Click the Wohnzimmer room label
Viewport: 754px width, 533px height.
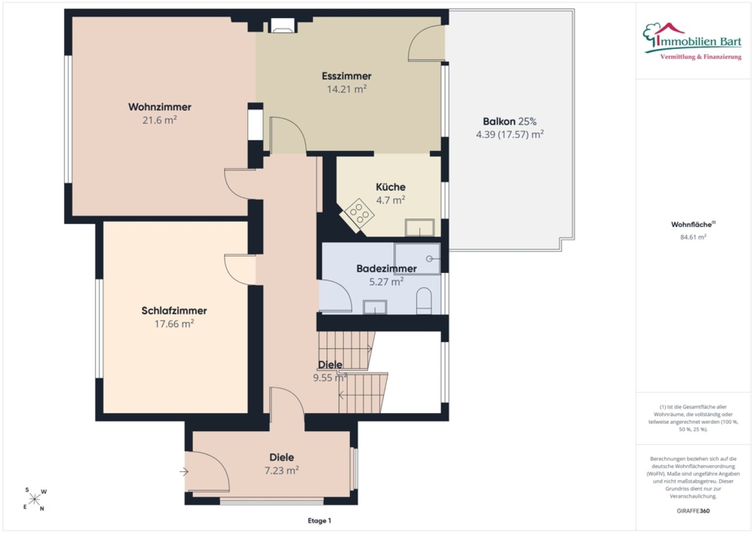(159, 107)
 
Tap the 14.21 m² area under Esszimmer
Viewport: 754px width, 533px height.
(347, 89)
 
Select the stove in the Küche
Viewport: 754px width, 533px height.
(358, 215)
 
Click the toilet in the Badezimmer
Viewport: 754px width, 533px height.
(424, 301)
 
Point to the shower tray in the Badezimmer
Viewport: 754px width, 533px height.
(417, 259)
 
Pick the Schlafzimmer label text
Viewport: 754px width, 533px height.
(174, 311)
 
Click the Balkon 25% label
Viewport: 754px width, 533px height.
(510, 121)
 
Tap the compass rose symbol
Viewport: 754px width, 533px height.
(35, 499)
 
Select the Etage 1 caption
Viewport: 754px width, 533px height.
(319, 521)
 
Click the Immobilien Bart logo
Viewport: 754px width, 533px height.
(692, 42)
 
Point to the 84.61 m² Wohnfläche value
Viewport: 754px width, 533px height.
(693, 237)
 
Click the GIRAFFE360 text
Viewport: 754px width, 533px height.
(693, 511)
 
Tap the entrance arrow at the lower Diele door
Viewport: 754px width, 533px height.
(184, 472)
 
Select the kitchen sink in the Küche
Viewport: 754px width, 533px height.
(420, 228)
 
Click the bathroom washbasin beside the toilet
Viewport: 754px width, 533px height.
(375, 307)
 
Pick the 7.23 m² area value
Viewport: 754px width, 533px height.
(282, 471)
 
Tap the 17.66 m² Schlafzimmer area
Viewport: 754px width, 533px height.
(174, 324)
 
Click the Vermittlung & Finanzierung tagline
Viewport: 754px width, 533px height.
(701, 57)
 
